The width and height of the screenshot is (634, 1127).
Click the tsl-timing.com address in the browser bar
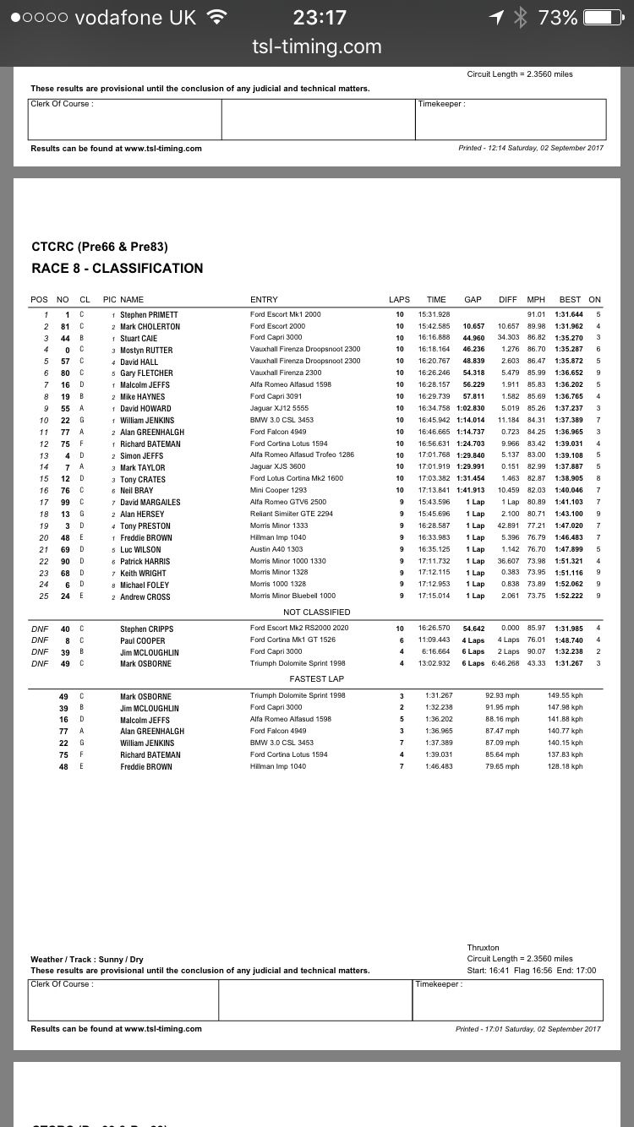click(316, 47)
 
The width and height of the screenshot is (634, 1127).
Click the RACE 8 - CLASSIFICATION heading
click(118, 269)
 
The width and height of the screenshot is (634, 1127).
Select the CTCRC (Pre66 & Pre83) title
click(100, 248)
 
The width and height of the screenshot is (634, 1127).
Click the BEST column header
click(570, 299)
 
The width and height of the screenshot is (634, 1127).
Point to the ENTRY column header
click(264, 299)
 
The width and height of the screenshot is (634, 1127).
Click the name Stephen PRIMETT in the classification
click(149, 314)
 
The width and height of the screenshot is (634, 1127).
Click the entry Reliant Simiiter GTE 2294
click(292, 514)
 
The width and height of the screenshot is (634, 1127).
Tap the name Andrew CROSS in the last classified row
click(145, 596)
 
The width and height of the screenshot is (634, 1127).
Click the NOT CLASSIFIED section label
click(316, 612)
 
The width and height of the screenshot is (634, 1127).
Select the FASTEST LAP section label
click(316, 679)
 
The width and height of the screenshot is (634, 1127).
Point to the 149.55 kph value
click(566, 696)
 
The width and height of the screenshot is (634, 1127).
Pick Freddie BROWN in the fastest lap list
click(145, 767)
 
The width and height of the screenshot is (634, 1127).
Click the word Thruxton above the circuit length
click(483, 948)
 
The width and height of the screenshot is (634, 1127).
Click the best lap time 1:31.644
click(569, 314)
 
